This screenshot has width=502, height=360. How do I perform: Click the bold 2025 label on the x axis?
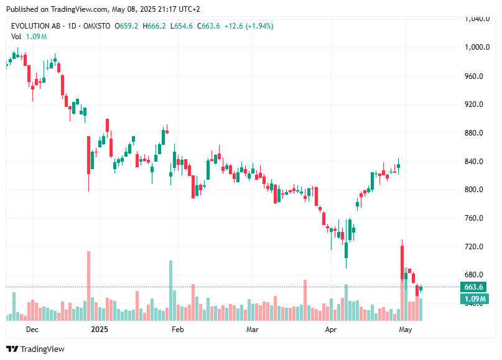tap(100, 329)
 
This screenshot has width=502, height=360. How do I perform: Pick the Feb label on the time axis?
tap(178, 329)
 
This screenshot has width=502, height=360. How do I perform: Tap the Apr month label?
tap(331, 329)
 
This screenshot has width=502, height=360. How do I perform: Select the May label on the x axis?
tap(406, 329)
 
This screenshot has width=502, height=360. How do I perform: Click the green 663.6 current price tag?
tap(474, 287)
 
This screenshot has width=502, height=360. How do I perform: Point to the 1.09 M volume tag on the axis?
tap(474, 299)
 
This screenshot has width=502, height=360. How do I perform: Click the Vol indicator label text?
tap(16, 37)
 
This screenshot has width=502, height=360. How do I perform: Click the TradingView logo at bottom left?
tap(35, 349)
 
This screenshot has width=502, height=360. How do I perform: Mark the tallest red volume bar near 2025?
tap(88, 286)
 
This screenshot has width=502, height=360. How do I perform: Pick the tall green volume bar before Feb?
tap(170, 290)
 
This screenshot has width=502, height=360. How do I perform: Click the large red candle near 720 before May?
tap(402, 261)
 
